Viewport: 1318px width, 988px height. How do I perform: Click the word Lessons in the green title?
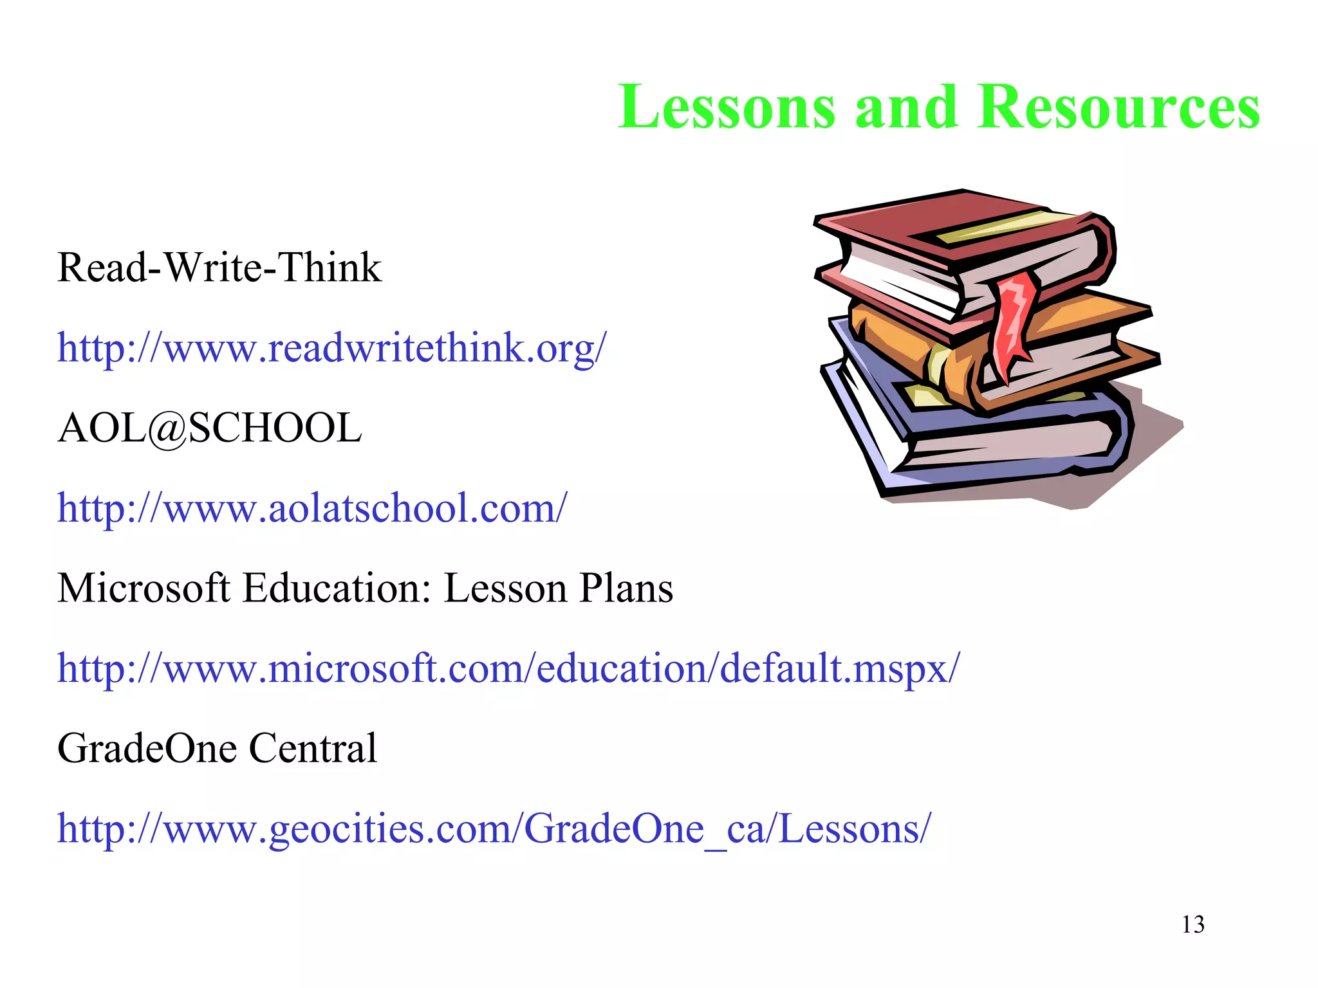727,107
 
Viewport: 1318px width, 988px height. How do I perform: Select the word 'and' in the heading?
905,107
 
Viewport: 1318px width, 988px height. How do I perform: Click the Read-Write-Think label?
219,268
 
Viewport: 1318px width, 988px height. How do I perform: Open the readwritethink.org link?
331,348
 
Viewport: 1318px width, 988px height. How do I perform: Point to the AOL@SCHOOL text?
210,428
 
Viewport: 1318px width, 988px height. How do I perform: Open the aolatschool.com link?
312,508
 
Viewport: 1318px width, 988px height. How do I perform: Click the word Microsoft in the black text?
144,588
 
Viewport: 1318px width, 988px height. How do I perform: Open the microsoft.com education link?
508,668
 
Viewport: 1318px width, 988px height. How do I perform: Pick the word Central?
313,748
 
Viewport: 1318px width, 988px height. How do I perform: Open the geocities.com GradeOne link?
494,828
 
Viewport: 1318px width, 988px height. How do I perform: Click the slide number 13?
1193,925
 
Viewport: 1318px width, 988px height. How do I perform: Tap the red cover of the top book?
914,219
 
